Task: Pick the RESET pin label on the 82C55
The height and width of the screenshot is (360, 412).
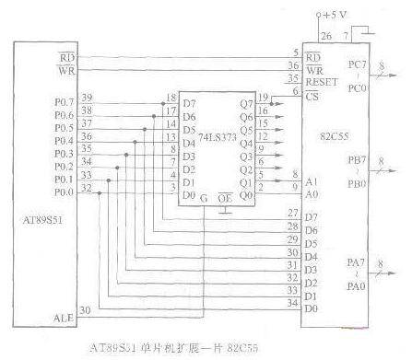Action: coord(319,78)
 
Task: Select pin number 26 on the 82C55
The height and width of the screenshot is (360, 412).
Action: coord(325,36)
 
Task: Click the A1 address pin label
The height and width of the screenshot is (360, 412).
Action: coord(311,181)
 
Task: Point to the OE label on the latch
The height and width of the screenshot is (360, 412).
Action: coord(224,197)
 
